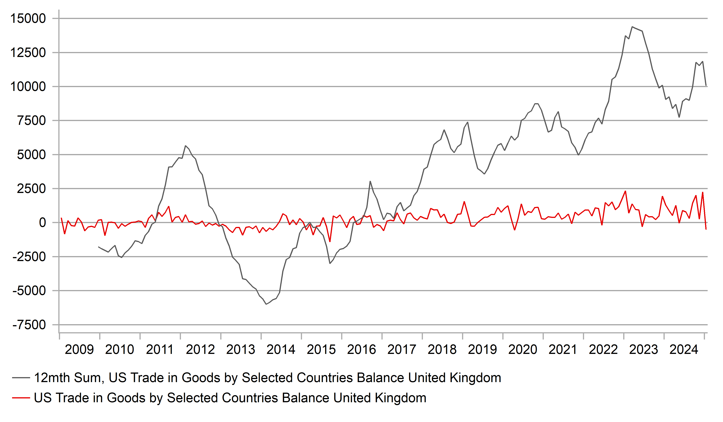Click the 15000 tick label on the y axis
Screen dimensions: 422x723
[x=28, y=19]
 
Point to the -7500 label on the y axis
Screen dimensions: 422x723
[x=29, y=325]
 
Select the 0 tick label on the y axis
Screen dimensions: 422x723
[x=42, y=223]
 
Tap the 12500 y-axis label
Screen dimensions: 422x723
[x=28, y=53]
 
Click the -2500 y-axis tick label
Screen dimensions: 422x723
[x=29, y=257]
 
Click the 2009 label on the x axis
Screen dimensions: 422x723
[x=79, y=350]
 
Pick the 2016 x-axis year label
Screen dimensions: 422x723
[x=361, y=350]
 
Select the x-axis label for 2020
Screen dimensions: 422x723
[x=523, y=350]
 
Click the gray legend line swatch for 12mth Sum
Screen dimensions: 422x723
[x=21, y=378]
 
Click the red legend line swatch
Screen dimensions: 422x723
[x=21, y=398]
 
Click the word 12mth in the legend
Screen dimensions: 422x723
[x=53, y=378]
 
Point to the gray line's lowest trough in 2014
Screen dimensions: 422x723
[x=266, y=304]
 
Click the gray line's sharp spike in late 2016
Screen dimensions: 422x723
[x=370, y=181]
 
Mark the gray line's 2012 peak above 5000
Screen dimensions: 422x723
[x=185, y=146]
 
